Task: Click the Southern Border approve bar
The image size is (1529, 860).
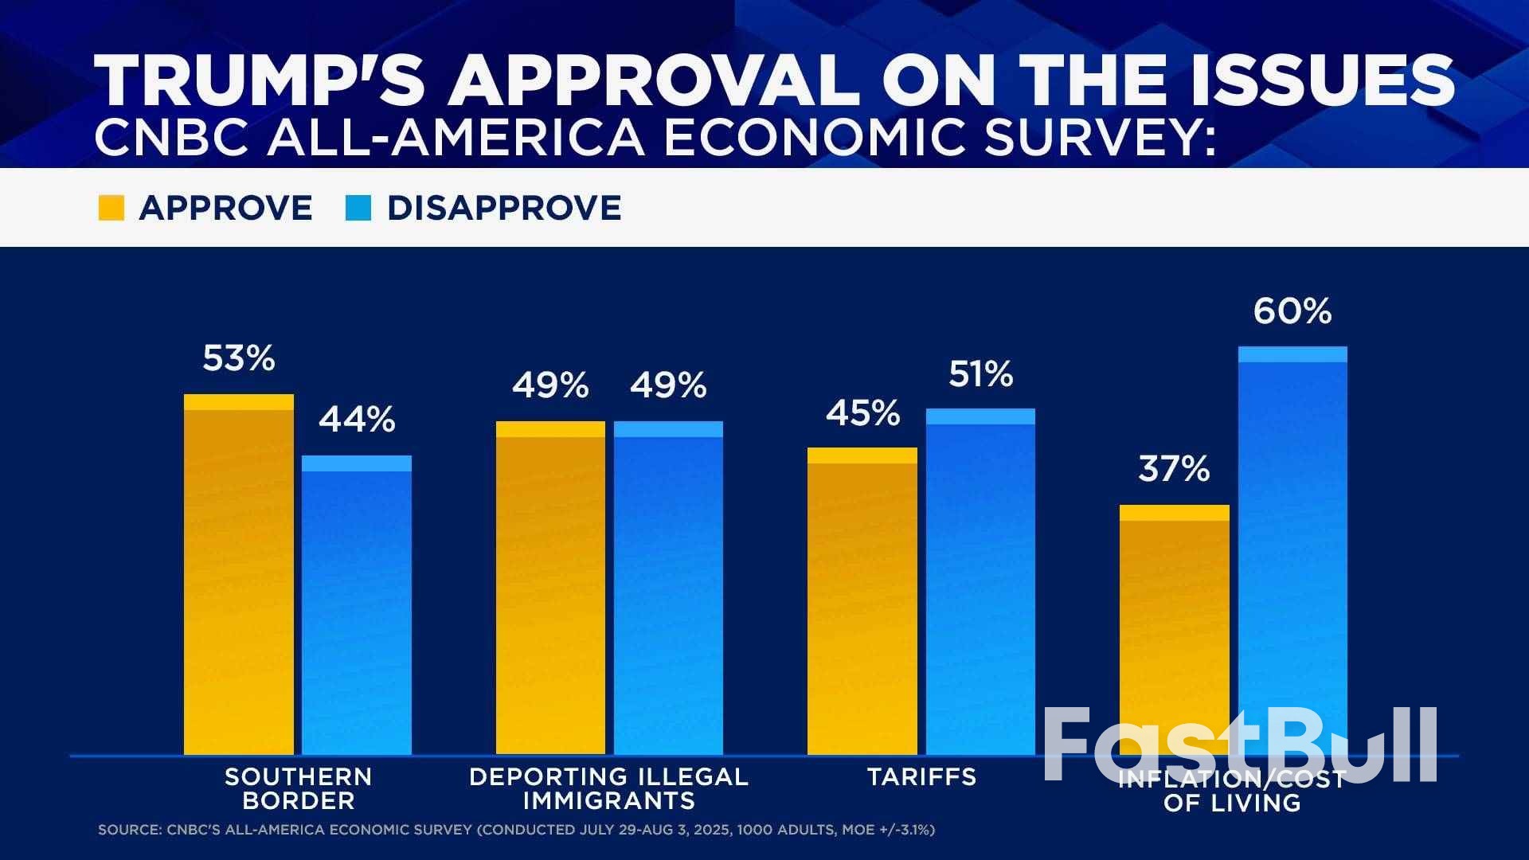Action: (239, 574)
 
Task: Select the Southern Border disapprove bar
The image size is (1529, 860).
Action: (357, 605)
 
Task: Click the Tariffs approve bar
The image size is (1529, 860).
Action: (862, 601)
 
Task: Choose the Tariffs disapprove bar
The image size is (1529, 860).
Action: (980, 581)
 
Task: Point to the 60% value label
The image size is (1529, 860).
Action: (1292, 311)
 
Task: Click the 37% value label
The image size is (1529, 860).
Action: (1174, 469)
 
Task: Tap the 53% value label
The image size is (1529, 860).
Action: (238, 358)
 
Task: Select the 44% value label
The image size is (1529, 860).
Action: (357, 420)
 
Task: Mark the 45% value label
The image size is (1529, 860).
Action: (862, 413)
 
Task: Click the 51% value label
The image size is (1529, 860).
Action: (980, 374)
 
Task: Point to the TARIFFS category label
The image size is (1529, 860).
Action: (921, 776)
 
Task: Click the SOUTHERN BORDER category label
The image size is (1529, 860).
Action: (299, 788)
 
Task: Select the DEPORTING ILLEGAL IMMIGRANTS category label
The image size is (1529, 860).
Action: (609, 788)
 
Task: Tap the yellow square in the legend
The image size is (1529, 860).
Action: (111, 208)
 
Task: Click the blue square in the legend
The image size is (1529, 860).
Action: (358, 208)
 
